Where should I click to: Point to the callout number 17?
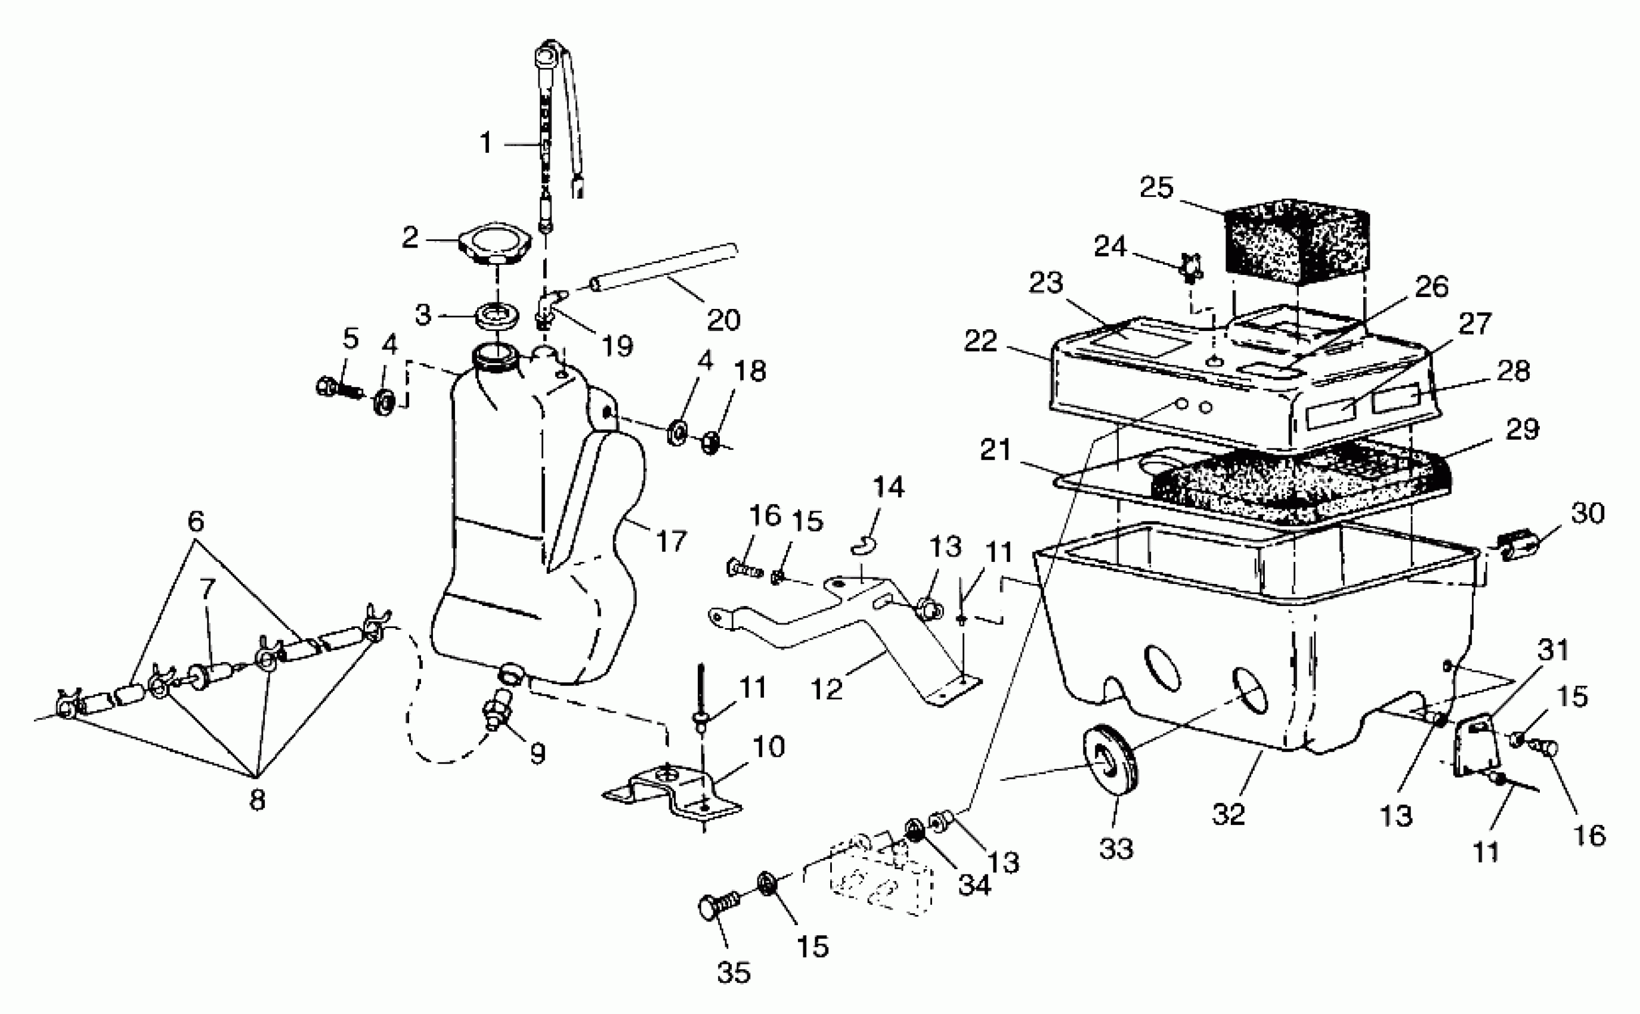(x=671, y=540)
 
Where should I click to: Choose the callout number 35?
(x=733, y=972)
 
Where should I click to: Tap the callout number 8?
(x=257, y=799)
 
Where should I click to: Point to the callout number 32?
(x=1229, y=814)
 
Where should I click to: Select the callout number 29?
(x=1522, y=429)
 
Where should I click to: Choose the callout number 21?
(x=995, y=449)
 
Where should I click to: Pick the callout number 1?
(x=486, y=143)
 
